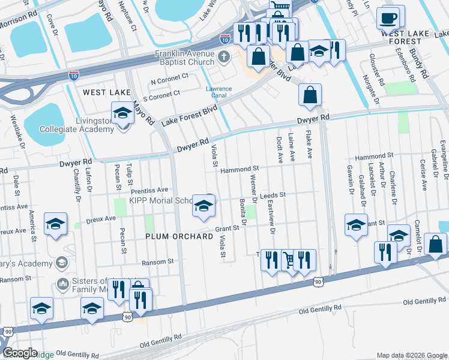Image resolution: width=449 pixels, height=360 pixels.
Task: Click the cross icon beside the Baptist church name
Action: (x=224, y=58)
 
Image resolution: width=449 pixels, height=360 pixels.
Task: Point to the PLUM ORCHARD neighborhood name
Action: (x=179, y=236)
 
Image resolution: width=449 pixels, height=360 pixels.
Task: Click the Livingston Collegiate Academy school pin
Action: (x=123, y=113)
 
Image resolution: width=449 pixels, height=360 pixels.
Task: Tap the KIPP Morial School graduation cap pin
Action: (x=203, y=208)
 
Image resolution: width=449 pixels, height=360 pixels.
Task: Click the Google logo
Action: (x=20, y=353)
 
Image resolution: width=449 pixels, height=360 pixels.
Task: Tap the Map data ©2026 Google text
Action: (x=411, y=355)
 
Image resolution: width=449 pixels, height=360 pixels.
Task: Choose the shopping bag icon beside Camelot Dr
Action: (x=435, y=244)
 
